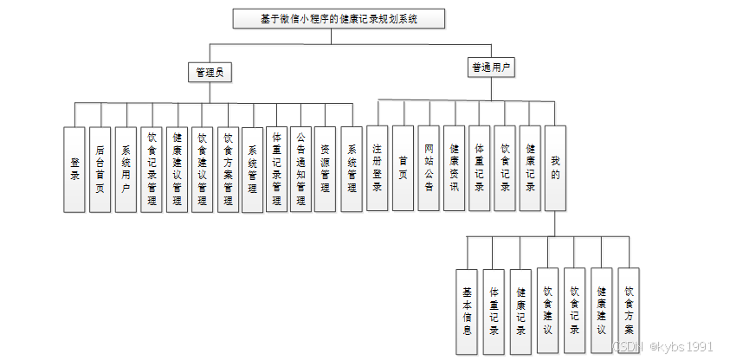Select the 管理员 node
pyautogui.click(x=210, y=73)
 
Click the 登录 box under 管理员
pyautogui.click(x=74, y=169)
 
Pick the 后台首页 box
pyautogui.click(x=100, y=169)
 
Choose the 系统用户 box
pyautogui.click(x=126, y=169)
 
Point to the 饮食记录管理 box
pyautogui.click(x=152, y=169)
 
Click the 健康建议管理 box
pyautogui.click(x=177, y=169)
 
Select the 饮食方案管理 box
pyautogui.click(x=228, y=169)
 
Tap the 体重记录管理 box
pyautogui.click(x=276, y=169)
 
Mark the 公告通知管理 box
pyautogui.click(x=300, y=169)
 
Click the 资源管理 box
pyautogui.click(x=325, y=169)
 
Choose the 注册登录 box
pyautogui.click(x=377, y=168)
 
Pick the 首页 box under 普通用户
pyautogui.click(x=403, y=168)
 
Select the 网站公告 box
pyautogui.click(x=429, y=168)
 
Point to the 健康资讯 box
pyautogui.click(x=454, y=168)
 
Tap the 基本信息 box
pyautogui.click(x=467, y=311)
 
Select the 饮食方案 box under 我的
pyautogui.click(x=629, y=311)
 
